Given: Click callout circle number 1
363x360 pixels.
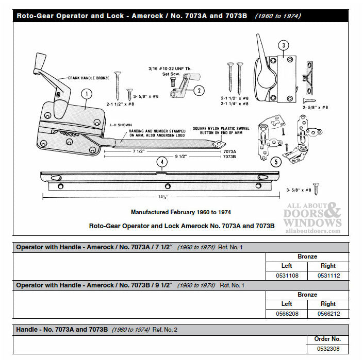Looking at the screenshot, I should coord(86,94).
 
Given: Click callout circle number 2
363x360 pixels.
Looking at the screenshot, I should coord(198,91).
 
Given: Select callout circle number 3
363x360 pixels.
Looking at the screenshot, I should coord(283,45).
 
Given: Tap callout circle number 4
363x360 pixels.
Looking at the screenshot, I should coord(162,162).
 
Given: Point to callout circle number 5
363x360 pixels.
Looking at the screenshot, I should coord(276,162).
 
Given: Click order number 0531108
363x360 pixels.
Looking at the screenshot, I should coord(287,276).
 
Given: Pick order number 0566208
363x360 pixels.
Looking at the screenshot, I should coord(287,314).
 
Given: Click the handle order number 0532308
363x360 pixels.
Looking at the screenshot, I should coord(327,349).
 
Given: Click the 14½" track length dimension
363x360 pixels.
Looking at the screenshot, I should coord(164,197).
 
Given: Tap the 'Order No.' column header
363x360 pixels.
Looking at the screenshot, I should coord(327,339).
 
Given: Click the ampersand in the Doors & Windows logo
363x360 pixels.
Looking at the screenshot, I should coord(334,211).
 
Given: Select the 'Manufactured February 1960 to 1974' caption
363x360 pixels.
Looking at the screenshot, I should coord(180,212).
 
